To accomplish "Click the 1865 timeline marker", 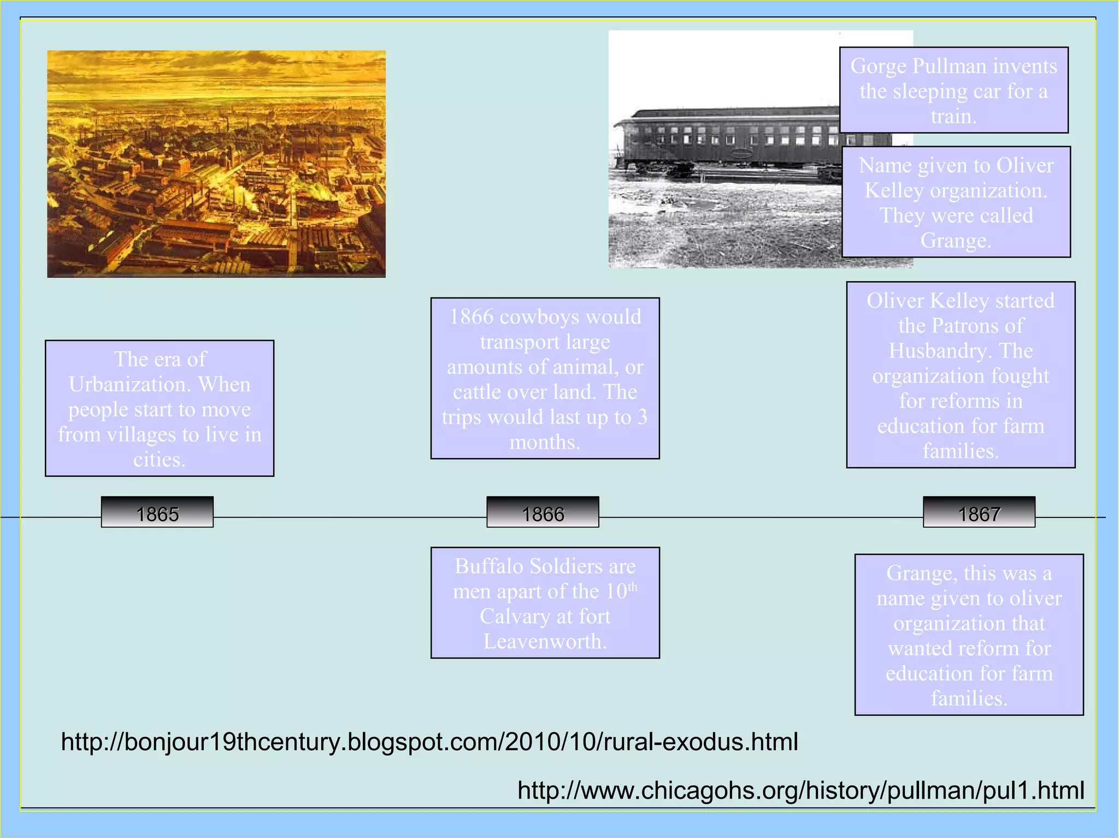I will (157, 513).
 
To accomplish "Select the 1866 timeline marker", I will (543, 513).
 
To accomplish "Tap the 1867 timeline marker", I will (979, 513).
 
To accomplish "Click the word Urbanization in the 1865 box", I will (129, 384).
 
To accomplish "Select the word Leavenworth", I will (544, 641).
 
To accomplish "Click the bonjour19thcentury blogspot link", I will (429, 742).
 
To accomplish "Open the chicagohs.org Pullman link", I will (800, 791).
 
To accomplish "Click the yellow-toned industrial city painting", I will (216, 164).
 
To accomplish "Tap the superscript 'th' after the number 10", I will (632, 587).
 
